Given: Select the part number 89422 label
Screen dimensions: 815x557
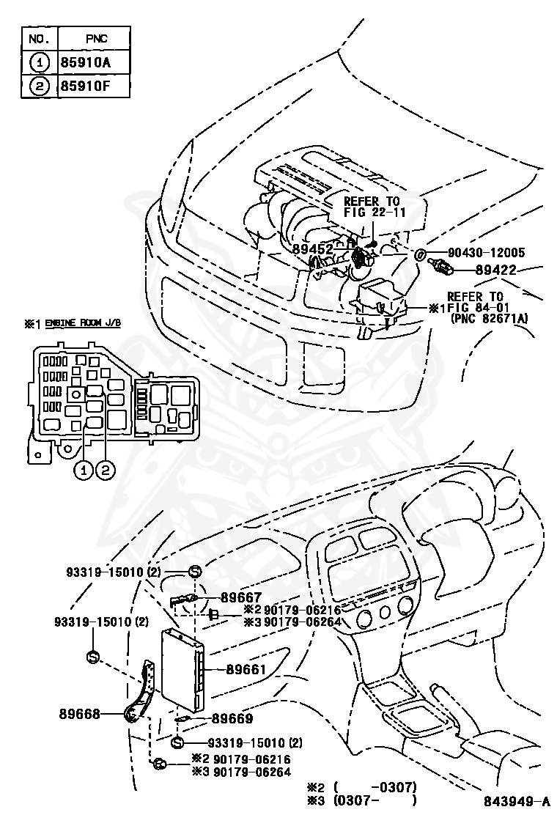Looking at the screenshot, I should coord(499,270).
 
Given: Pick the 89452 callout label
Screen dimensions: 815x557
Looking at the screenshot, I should coord(313,249).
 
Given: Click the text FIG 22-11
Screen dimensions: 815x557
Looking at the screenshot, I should coord(374,213).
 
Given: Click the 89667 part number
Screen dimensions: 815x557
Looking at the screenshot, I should coord(241,598).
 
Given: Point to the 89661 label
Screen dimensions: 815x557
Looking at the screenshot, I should coord(246,669).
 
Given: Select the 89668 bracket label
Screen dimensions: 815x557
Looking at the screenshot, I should coord(80,712).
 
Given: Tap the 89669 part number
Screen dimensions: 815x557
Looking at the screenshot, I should coord(232,719).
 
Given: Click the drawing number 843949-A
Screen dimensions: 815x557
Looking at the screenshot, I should coord(516,801).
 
